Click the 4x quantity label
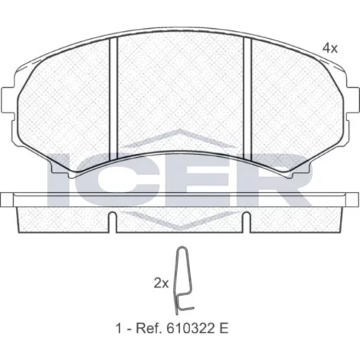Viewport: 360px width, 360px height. tap(330, 48)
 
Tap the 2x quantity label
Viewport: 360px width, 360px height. tap(161, 284)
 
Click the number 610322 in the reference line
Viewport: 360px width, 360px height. tap(187, 328)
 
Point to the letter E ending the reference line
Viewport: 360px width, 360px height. tap(224, 328)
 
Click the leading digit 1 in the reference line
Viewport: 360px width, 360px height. tap(119, 328)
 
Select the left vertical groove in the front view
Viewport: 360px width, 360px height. tap(113, 99)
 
